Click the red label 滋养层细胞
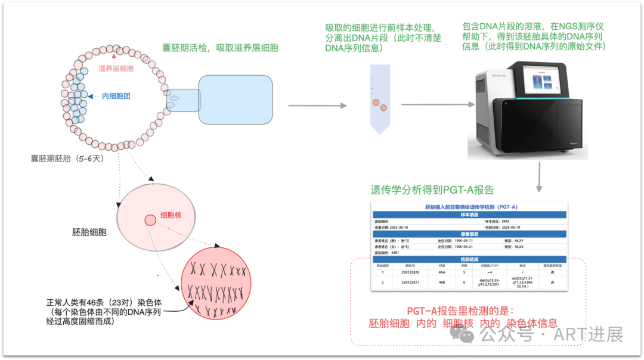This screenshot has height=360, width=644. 116,69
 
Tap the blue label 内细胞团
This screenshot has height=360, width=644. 116,95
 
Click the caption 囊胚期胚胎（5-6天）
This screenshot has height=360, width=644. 67,159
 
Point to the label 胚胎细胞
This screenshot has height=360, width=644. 89,232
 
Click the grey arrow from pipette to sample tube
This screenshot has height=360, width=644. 317,105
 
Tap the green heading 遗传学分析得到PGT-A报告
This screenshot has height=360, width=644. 432,190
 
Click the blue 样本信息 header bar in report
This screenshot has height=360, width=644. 470,215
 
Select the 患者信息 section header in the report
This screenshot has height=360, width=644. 470,234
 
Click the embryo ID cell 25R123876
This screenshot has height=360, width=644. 410,272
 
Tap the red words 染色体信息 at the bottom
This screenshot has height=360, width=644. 532,323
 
